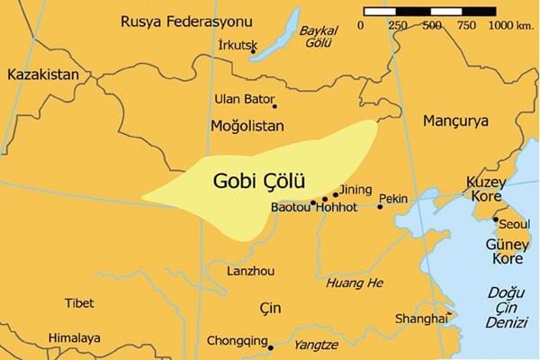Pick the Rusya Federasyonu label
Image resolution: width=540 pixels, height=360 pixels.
pyautogui.click(x=177, y=20)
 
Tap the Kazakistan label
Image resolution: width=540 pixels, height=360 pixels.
pyautogui.click(x=43, y=75)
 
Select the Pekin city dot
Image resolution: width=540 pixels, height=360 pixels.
pyautogui.click(x=380, y=207)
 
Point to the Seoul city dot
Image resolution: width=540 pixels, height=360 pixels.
pyautogui.click(x=494, y=219)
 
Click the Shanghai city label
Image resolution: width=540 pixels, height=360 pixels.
pyautogui.click(x=421, y=319)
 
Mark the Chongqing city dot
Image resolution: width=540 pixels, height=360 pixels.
pyautogui.click(x=270, y=345)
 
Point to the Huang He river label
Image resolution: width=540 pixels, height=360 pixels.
pyautogui.click(x=354, y=283)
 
